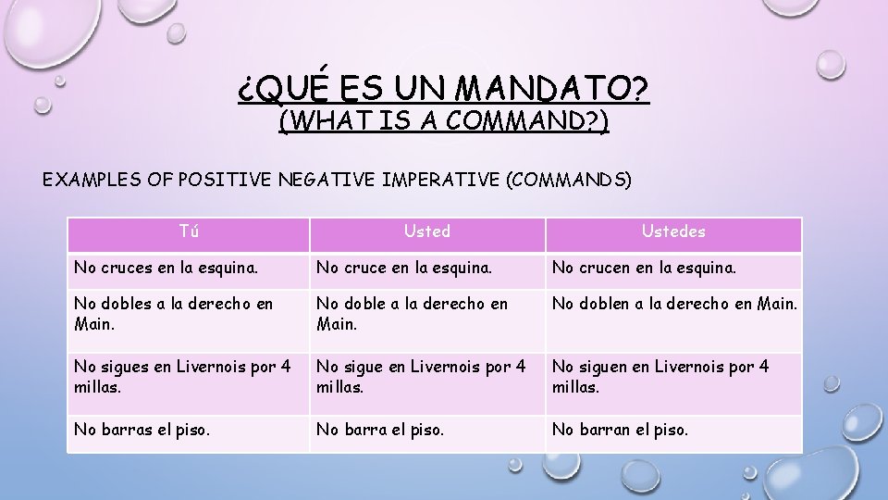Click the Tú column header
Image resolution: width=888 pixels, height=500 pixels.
(188, 232)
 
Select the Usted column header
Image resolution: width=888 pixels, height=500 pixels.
(426, 232)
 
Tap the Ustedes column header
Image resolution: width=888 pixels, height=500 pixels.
(673, 232)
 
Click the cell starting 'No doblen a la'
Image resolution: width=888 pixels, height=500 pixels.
(673, 305)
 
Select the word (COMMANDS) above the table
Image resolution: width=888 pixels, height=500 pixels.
(568, 180)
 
